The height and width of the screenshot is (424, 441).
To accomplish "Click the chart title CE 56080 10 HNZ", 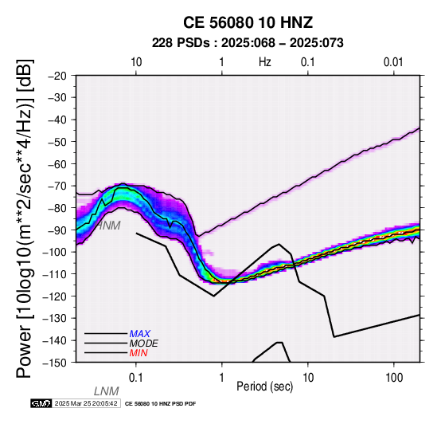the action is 248,22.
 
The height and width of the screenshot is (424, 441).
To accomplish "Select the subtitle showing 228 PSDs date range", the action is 248,43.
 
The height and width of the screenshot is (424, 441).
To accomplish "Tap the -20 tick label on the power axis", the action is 57,76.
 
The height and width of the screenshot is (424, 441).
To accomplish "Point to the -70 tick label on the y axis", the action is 57,186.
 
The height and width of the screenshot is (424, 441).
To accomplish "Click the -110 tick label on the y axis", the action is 55,273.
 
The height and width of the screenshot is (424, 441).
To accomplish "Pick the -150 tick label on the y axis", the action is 55,363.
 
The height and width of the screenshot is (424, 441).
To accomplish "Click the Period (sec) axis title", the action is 264,387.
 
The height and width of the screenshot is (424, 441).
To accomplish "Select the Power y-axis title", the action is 25,218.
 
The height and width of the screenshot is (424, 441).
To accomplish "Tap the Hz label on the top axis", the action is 264,62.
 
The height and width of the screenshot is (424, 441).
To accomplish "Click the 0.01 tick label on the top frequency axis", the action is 393,62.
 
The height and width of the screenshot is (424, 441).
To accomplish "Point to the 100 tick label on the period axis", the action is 394,378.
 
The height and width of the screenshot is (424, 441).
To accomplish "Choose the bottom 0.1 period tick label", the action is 135,378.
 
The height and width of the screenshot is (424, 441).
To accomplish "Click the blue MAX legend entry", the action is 140,334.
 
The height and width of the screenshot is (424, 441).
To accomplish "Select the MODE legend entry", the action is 144,344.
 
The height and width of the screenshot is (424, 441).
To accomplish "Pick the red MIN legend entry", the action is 139,353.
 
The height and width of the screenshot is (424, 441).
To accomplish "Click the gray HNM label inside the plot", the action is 108,226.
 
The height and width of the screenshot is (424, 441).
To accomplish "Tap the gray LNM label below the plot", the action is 107,391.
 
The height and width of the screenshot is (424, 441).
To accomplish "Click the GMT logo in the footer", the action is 41,403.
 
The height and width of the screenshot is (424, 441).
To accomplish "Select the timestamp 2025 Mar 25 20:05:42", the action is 86,403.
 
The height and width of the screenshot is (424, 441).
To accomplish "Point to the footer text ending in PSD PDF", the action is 160,404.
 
